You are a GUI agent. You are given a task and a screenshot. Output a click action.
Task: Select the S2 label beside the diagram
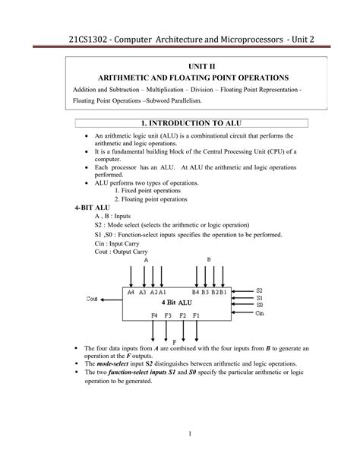pos(258,290)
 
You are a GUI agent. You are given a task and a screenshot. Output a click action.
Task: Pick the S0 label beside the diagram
pos(258,306)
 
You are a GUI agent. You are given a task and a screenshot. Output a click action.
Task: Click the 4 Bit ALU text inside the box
pos(175,302)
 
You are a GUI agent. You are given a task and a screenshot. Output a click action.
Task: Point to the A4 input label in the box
pos(131,292)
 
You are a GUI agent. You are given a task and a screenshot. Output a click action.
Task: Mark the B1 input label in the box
pos(223,292)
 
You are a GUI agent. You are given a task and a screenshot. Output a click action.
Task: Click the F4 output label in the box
pos(155,315)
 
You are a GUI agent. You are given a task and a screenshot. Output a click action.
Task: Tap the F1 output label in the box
pos(196,315)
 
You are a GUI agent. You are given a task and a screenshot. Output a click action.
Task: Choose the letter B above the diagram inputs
pos(208,259)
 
